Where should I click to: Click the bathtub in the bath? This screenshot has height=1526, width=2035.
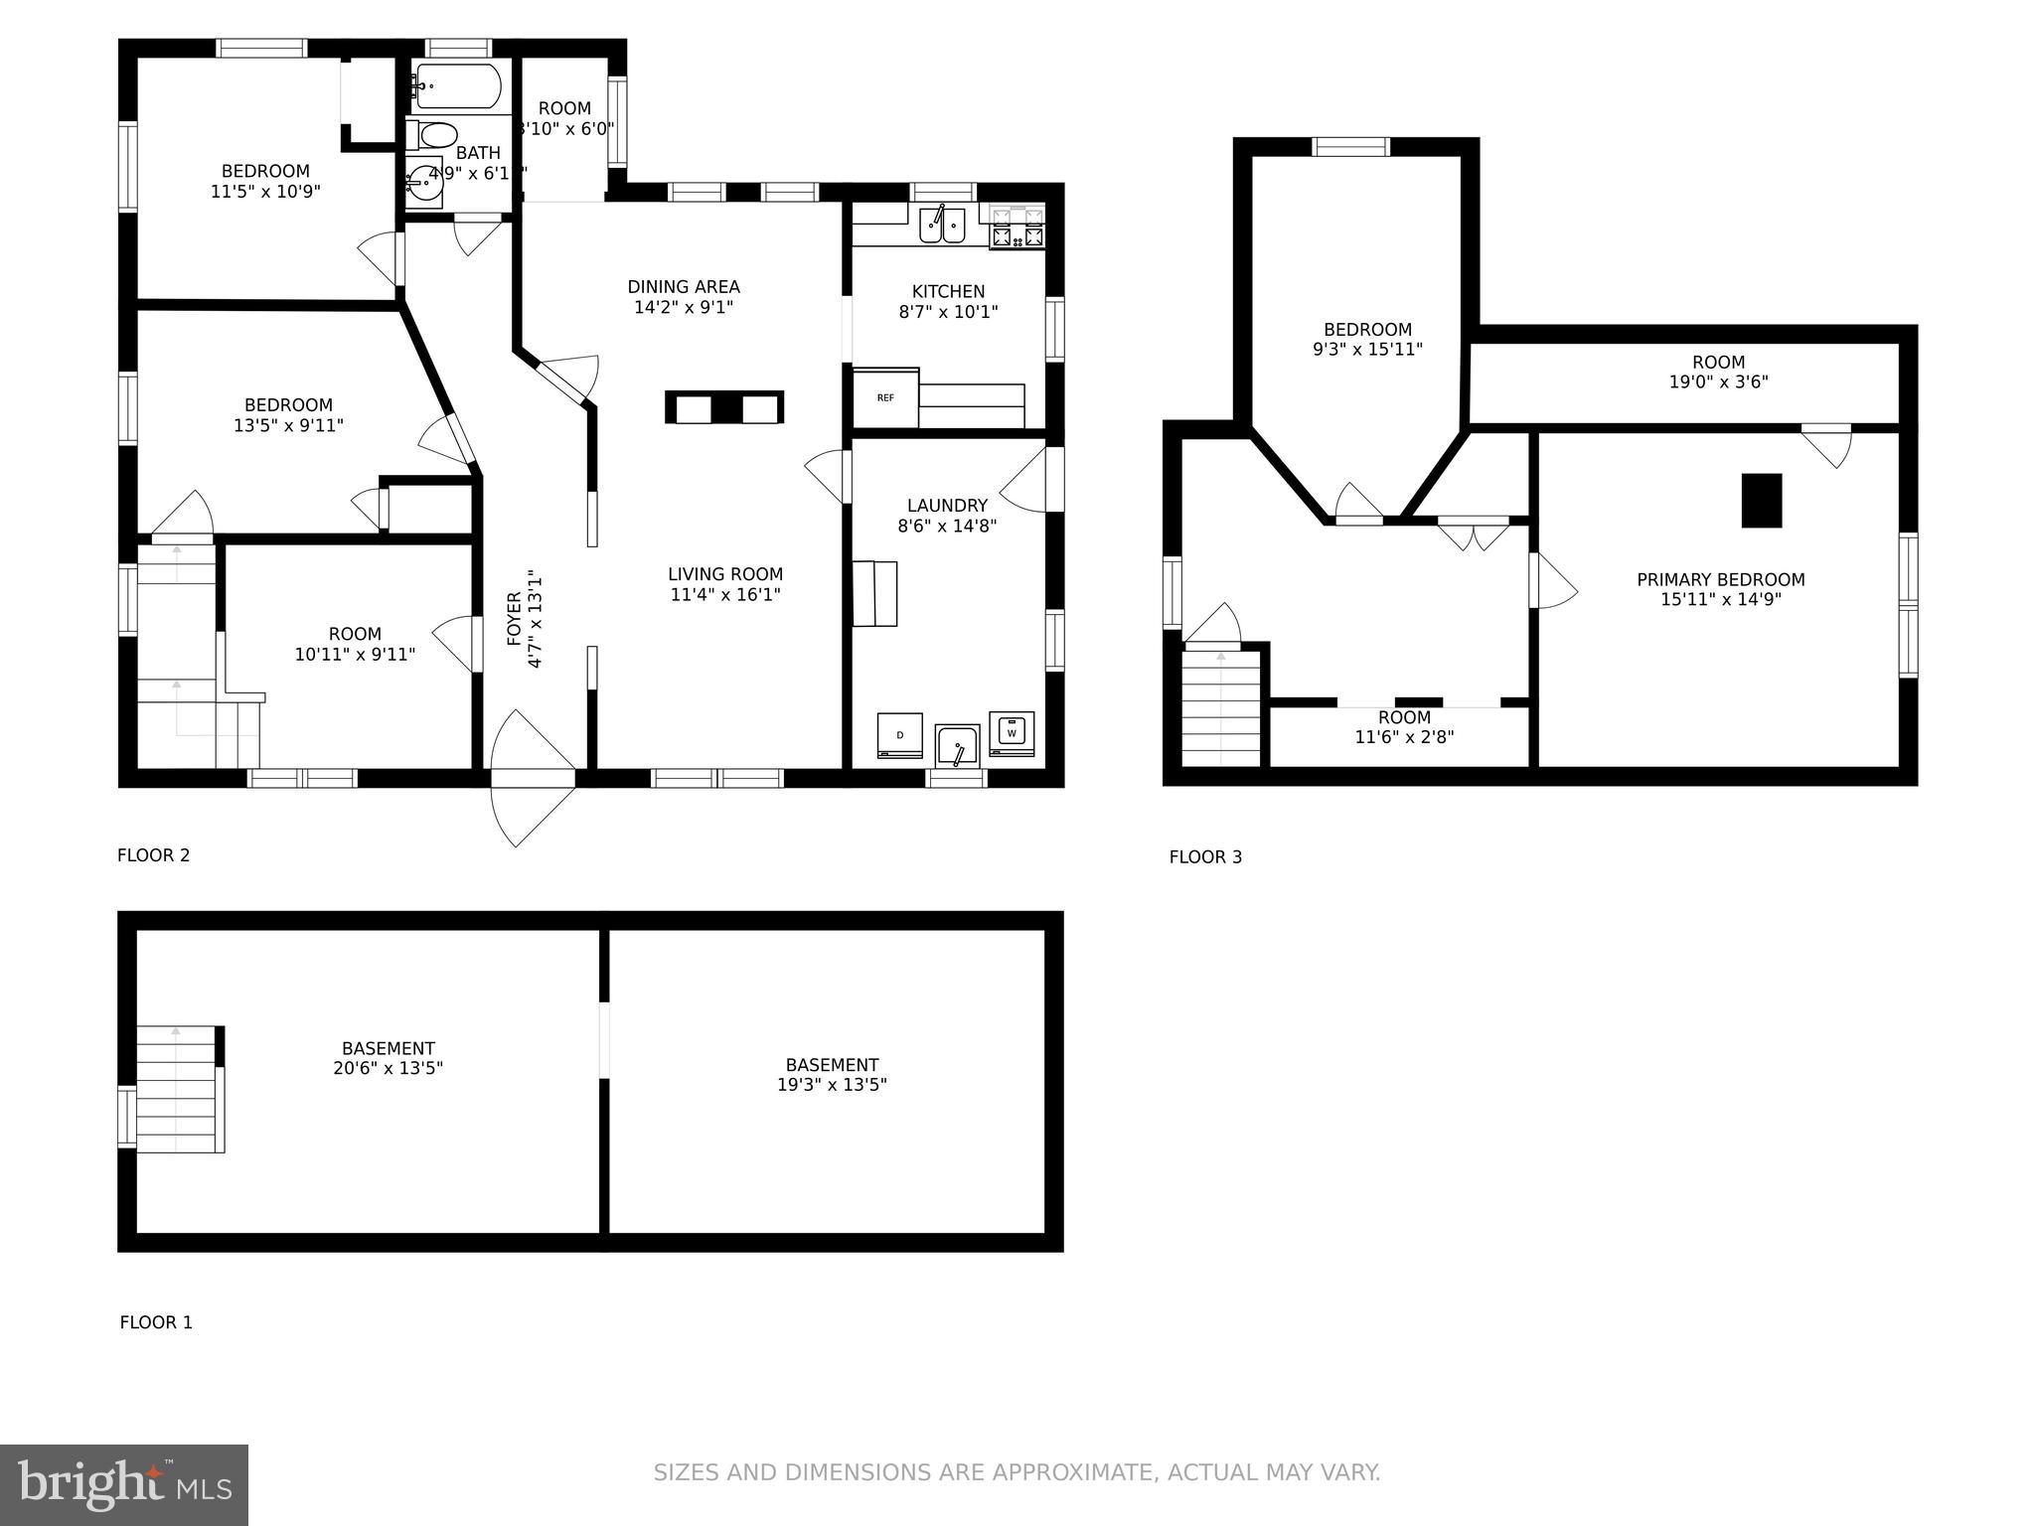tap(458, 86)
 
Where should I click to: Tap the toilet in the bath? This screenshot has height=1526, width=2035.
tap(434, 134)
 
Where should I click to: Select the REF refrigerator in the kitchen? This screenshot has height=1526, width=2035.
tap(885, 397)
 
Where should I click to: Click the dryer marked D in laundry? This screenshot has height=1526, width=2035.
tap(899, 736)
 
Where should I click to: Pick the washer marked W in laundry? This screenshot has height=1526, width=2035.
tap(1012, 733)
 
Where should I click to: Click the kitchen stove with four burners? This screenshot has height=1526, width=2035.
tap(1017, 228)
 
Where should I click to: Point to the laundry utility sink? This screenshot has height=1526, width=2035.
tap(957, 747)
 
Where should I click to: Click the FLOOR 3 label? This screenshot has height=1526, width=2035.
tap(1204, 856)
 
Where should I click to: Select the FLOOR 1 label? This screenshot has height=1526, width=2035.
tap(156, 1322)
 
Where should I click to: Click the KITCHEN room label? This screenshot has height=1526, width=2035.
tap(948, 291)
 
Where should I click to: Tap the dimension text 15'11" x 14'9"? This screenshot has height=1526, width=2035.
tap(1720, 600)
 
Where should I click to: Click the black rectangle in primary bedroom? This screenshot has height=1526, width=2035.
tap(1761, 500)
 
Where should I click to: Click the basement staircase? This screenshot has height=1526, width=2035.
tap(176, 1089)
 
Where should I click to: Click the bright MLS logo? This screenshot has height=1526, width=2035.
tap(124, 1485)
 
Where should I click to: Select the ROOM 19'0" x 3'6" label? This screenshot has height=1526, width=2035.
tap(1718, 372)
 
